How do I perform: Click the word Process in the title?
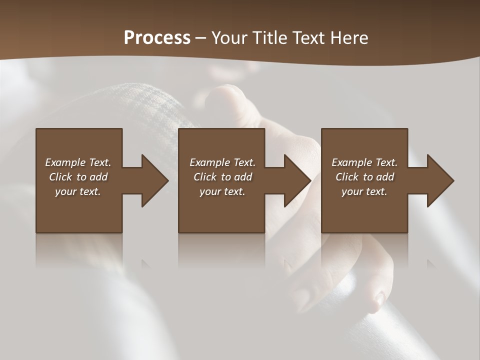(x=157, y=38)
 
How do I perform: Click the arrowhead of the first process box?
(x=154, y=180)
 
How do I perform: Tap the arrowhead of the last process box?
(x=440, y=180)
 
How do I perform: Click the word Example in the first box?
(x=65, y=162)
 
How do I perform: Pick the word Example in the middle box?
(x=209, y=162)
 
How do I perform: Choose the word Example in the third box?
(x=351, y=162)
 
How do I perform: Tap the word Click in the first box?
(x=61, y=177)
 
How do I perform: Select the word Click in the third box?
(x=347, y=177)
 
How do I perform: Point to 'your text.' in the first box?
(x=78, y=191)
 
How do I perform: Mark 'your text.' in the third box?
(x=364, y=191)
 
